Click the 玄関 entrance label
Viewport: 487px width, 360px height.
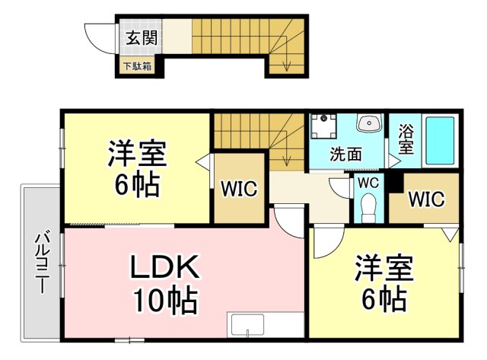click(142, 38)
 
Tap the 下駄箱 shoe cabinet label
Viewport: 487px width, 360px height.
click(137, 66)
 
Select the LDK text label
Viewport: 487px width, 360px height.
click(164, 267)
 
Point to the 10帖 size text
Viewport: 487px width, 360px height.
click(165, 301)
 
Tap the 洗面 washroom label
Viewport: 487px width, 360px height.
click(346, 154)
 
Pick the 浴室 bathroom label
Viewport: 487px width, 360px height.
click(406, 139)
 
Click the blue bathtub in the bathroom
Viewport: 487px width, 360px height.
click(440, 140)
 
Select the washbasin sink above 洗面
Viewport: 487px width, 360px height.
click(369, 123)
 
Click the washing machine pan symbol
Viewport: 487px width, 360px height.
click(324, 126)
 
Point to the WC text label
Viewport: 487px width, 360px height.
click(368, 183)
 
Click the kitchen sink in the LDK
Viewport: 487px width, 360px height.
click(247, 325)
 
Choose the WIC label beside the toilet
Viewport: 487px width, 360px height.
click(426, 199)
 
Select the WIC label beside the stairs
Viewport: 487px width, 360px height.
click(239, 188)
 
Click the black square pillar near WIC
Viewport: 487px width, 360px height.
click(394, 183)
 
